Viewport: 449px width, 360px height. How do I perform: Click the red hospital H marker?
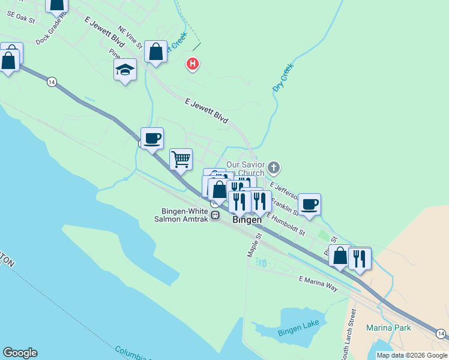click(193, 63)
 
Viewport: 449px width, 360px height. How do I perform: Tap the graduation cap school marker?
click(125, 70)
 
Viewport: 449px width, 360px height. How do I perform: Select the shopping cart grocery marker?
click(181, 160)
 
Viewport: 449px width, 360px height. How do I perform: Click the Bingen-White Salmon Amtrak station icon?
click(214, 215)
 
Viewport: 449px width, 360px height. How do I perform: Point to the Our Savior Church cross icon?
click(274, 167)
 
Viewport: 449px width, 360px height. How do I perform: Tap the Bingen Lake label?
click(298, 331)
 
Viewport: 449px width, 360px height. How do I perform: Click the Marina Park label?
click(389, 328)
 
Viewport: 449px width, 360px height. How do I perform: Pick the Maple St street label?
click(253, 246)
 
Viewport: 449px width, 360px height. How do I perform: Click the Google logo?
click(20, 353)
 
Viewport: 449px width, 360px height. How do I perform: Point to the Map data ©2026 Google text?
click(411, 355)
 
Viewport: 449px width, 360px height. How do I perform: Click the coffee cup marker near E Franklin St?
click(309, 204)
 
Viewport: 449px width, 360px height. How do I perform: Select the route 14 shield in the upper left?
click(52, 82)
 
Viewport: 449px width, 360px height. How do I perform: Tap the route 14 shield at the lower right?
click(441, 334)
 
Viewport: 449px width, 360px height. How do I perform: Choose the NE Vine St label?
click(130, 37)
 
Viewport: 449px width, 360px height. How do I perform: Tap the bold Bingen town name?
click(247, 220)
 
